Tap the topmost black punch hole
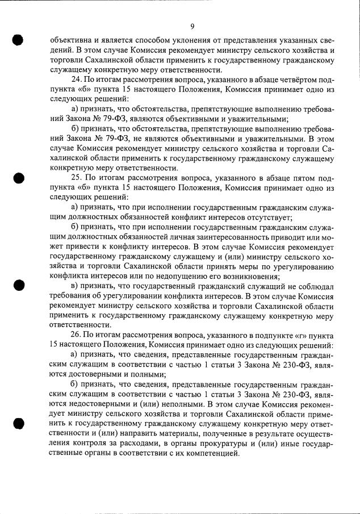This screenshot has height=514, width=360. click(18, 40)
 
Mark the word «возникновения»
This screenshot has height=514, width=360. click(252, 276)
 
